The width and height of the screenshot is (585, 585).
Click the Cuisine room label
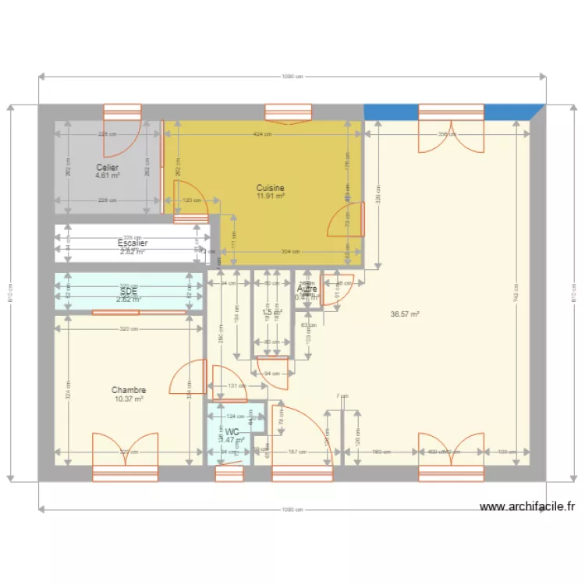click(x=271, y=188)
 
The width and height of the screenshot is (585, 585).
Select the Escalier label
click(x=133, y=243)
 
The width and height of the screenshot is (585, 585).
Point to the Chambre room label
click(x=129, y=390)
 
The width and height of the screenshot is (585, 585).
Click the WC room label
click(x=232, y=431)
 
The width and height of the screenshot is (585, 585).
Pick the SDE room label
click(x=129, y=290)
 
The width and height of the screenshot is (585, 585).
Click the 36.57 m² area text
click(x=406, y=314)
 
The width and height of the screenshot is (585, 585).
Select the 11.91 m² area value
click(x=271, y=197)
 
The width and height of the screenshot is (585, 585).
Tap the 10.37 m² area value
click(x=129, y=399)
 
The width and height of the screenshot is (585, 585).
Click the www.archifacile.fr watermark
click(x=526, y=507)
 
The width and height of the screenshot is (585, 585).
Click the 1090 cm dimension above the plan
click(x=292, y=76)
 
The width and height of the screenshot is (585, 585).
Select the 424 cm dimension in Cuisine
click(x=262, y=134)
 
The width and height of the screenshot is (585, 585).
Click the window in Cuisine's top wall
click(x=289, y=114)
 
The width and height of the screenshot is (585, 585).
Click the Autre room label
click(x=307, y=289)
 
